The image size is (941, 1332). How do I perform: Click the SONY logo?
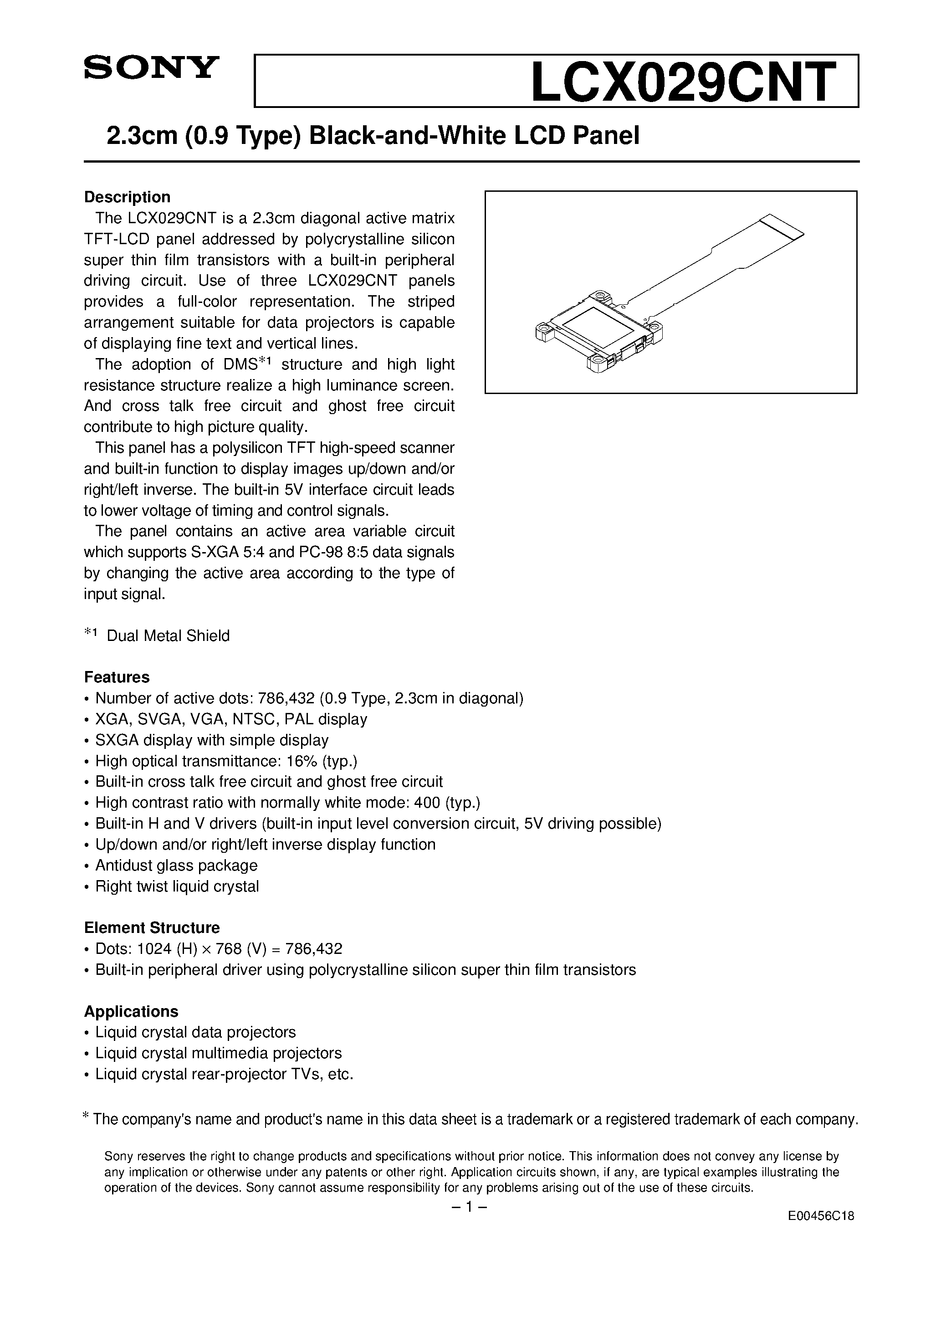point(151,67)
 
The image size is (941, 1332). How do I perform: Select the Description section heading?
point(127,197)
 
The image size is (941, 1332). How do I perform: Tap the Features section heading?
point(117,677)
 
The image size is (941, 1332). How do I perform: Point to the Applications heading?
point(131,1012)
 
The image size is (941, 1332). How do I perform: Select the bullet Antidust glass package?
point(176,866)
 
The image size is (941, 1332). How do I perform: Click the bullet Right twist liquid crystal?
point(177,886)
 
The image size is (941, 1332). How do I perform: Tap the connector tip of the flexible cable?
point(783,227)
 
